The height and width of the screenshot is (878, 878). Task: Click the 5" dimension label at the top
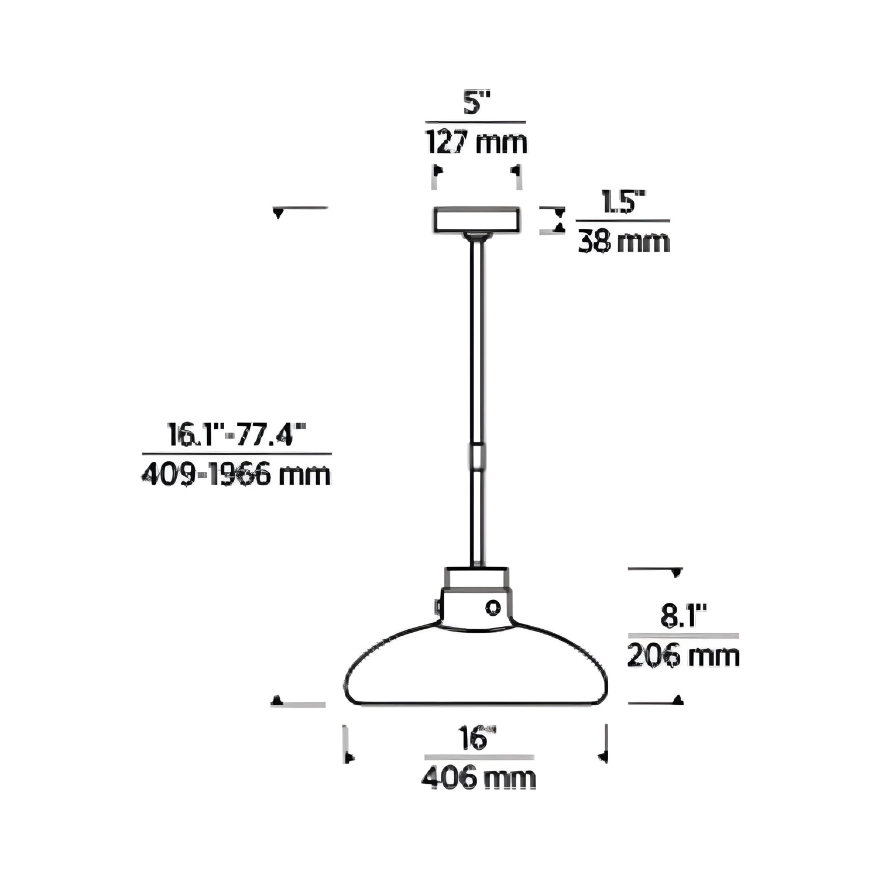[x=475, y=104]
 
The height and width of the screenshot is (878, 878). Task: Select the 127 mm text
[x=475, y=142]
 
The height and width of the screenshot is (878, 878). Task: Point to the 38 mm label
[x=623, y=242]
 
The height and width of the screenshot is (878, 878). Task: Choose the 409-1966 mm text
[x=236, y=475]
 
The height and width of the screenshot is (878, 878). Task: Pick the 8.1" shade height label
[x=683, y=617]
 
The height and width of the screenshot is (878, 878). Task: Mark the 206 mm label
[x=683, y=656]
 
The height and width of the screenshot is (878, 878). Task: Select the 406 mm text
[x=478, y=778]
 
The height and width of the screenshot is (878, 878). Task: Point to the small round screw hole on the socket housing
[x=493, y=608]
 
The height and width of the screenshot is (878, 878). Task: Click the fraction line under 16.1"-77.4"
[x=236, y=454]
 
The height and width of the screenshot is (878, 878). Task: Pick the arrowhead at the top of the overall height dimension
[x=279, y=213]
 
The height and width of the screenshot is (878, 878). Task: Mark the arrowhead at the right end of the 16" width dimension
[x=603, y=757]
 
